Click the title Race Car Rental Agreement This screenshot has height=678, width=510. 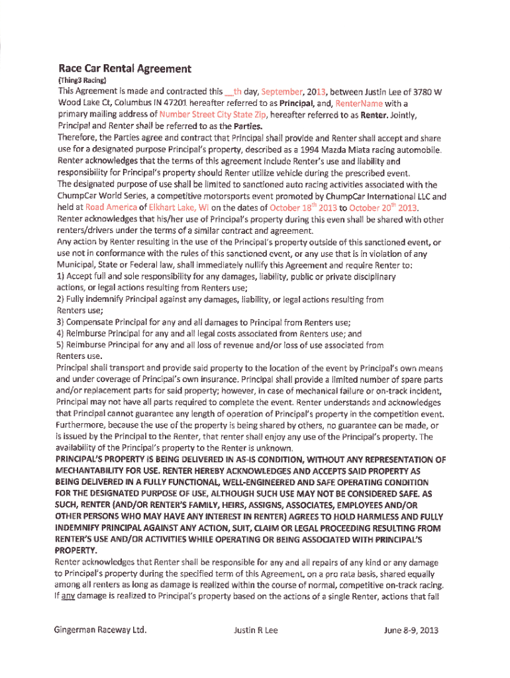[125, 68]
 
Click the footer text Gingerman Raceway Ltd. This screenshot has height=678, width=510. [100, 630]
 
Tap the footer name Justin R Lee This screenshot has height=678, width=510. [256, 630]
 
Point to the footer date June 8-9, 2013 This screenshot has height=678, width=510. [411, 630]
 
